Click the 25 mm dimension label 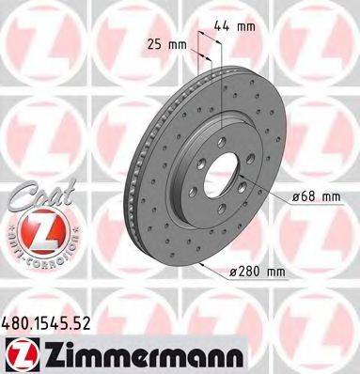click(x=166, y=42)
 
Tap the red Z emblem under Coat click(x=34, y=228)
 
